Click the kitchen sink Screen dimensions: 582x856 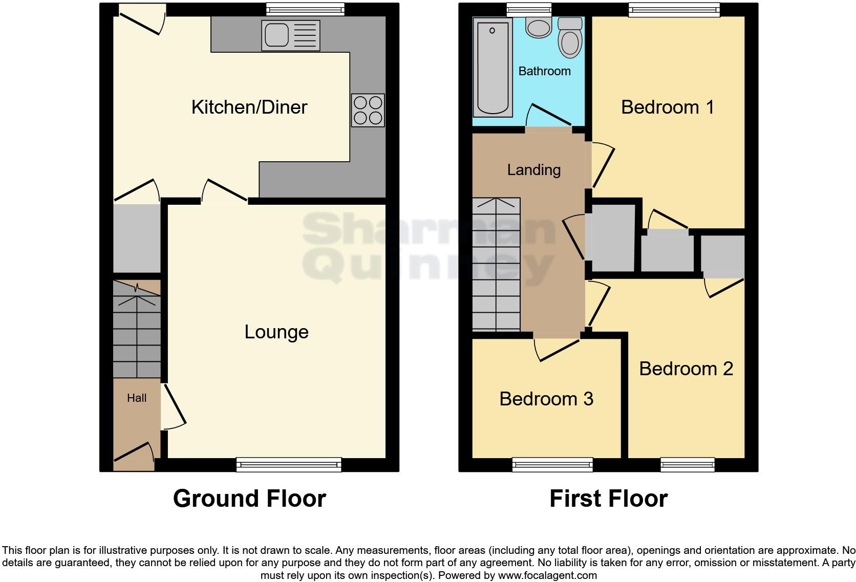(x=290, y=35)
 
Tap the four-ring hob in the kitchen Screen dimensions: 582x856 (x=368, y=110)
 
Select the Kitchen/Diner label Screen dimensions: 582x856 (x=249, y=107)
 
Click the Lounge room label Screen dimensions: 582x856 (x=276, y=332)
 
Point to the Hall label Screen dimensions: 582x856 (x=137, y=398)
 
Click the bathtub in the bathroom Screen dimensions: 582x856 (x=493, y=67)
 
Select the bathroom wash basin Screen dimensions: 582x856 (x=538, y=28)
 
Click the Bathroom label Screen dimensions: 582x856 (x=544, y=71)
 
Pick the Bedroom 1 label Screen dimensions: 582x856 (x=667, y=107)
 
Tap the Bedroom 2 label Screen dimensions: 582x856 (x=686, y=369)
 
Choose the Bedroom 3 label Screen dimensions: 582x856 (x=546, y=399)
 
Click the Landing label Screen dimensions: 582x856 (x=533, y=170)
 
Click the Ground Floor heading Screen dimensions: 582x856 (x=249, y=499)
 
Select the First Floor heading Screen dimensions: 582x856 (x=608, y=499)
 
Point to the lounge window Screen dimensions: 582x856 (x=289, y=465)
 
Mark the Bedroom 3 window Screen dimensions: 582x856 (x=552, y=465)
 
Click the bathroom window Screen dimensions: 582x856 (x=529, y=9)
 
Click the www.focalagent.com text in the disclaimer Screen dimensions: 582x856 (x=547, y=575)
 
